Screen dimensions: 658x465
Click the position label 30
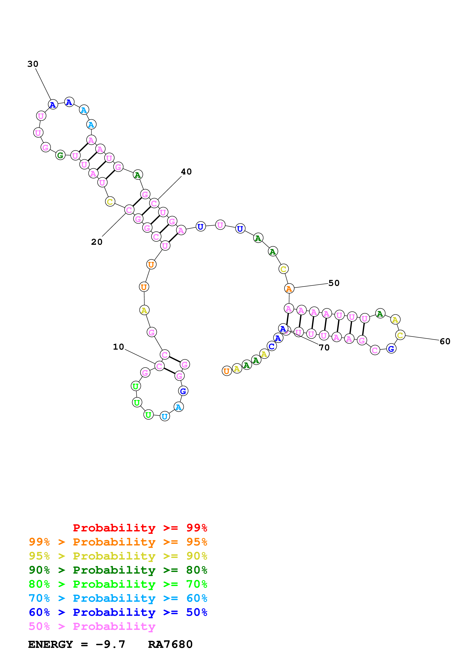(x=33, y=64)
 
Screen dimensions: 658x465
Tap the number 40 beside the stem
(x=186, y=172)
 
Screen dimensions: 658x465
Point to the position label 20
(x=97, y=242)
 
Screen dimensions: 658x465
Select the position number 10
(x=118, y=347)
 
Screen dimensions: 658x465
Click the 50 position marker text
(x=334, y=283)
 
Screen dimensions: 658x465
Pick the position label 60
(x=445, y=341)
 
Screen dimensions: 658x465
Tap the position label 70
(x=324, y=348)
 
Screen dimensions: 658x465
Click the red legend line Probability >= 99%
(x=140, y=528)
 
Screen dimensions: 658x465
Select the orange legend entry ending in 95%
(x=118, y=542)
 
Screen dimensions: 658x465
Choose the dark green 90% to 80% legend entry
(x=118, y=570)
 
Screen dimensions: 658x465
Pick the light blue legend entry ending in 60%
(x=118, y=598)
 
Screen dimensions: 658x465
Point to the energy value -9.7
(x=110, y=644)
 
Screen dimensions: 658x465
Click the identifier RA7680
(x=170, y=644)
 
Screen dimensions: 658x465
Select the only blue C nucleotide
(x=272, y=346)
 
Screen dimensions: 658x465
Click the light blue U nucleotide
(x=165, y=416)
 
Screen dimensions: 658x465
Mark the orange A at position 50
(x=289, y=289)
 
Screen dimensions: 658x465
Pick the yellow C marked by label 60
(x=400, y=335)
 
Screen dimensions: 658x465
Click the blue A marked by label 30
(x=53, y=105)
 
